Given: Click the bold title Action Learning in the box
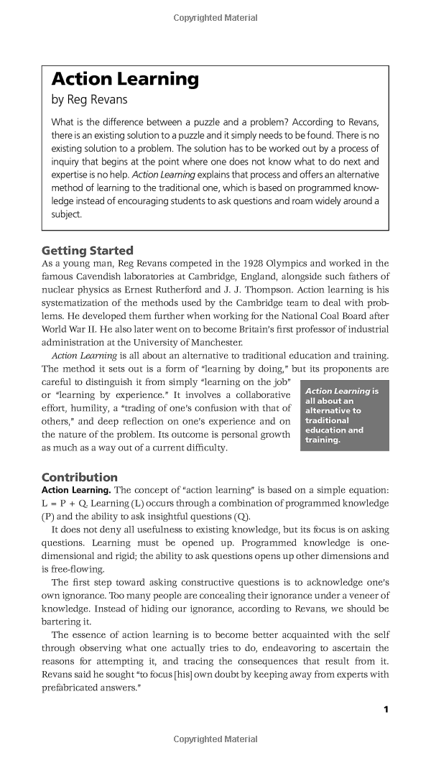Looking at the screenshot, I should coord(125,80).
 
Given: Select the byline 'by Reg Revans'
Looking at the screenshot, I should coord(89,100).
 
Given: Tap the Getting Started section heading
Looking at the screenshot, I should coord(88,251).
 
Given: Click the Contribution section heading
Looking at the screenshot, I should coord(80,477).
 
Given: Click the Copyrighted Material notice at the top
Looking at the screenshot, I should coord(215,18).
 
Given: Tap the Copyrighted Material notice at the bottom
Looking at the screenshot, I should coord(215,739).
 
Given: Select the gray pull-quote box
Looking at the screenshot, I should coord(344,415).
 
